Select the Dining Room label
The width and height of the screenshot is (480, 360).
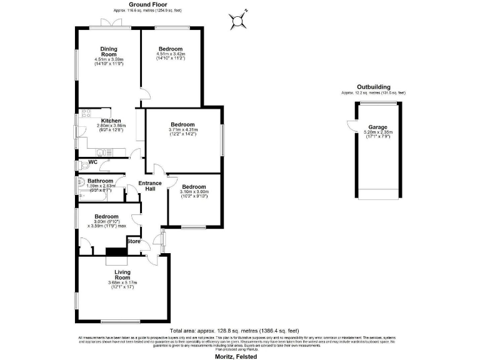click(109, 52)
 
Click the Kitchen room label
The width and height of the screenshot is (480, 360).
click(111, 121)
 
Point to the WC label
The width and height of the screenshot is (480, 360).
click(93, 162)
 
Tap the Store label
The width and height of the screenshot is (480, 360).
click(133, 241)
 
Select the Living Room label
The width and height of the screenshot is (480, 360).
click(122, 275)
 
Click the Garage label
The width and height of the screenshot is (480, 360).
click(377, 126)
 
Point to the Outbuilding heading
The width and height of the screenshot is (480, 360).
click(374, 87)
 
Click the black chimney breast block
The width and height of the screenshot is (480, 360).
click(116, 252)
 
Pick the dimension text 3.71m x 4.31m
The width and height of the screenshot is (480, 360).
click(182, 129)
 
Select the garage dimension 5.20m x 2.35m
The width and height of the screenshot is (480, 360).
click(377, 132)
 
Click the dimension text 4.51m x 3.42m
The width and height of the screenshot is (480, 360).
click(171, 54)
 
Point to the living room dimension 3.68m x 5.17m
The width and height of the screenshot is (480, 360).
click(122, 283)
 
